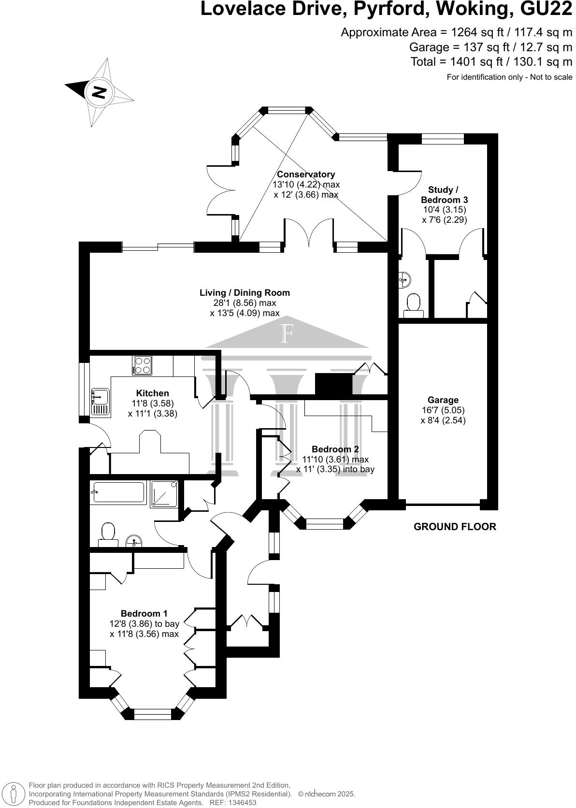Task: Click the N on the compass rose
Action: click(x=99, y=92)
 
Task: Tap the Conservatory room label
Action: click(x=306, y=174)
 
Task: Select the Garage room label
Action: click(x=443, y=400)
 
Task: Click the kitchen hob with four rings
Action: click(x=143, y=365)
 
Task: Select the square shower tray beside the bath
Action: click(x=164, y=494)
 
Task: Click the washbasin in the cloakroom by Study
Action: click(x=404, y=278)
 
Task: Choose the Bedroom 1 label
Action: click(x=144, y=614)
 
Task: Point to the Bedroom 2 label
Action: click(x=335, y=449)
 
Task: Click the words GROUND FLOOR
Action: click(x=455, y=527)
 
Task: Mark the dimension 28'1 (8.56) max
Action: click(x=245, y=303)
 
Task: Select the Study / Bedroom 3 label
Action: click(x=444, y=195)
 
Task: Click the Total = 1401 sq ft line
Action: click(x=491, y=62)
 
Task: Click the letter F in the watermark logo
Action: click(x=287, y=334)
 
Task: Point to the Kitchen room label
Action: click(x=152, y=393)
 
